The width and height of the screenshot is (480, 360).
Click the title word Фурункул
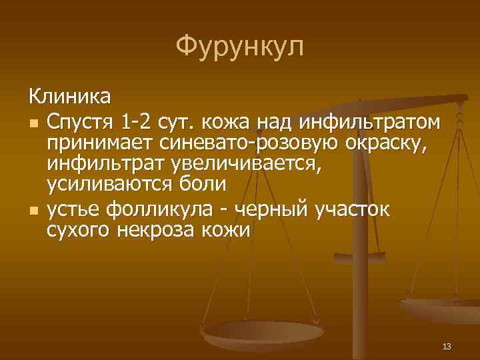[240, 47]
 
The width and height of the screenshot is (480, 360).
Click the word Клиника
[70, 97]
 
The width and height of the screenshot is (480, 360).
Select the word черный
[269, 211]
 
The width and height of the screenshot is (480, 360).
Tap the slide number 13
[447, 345]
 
